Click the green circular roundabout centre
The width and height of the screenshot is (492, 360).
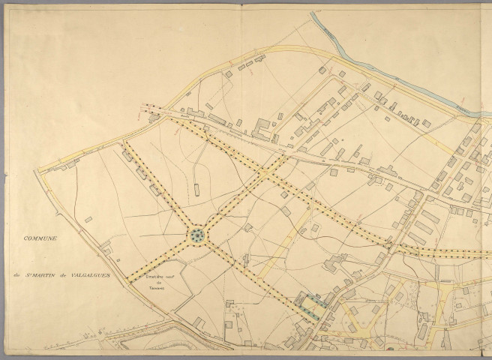point(198,236)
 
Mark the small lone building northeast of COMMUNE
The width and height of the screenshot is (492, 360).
point(88,220)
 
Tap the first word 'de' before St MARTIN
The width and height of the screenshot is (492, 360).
point(16,274)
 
